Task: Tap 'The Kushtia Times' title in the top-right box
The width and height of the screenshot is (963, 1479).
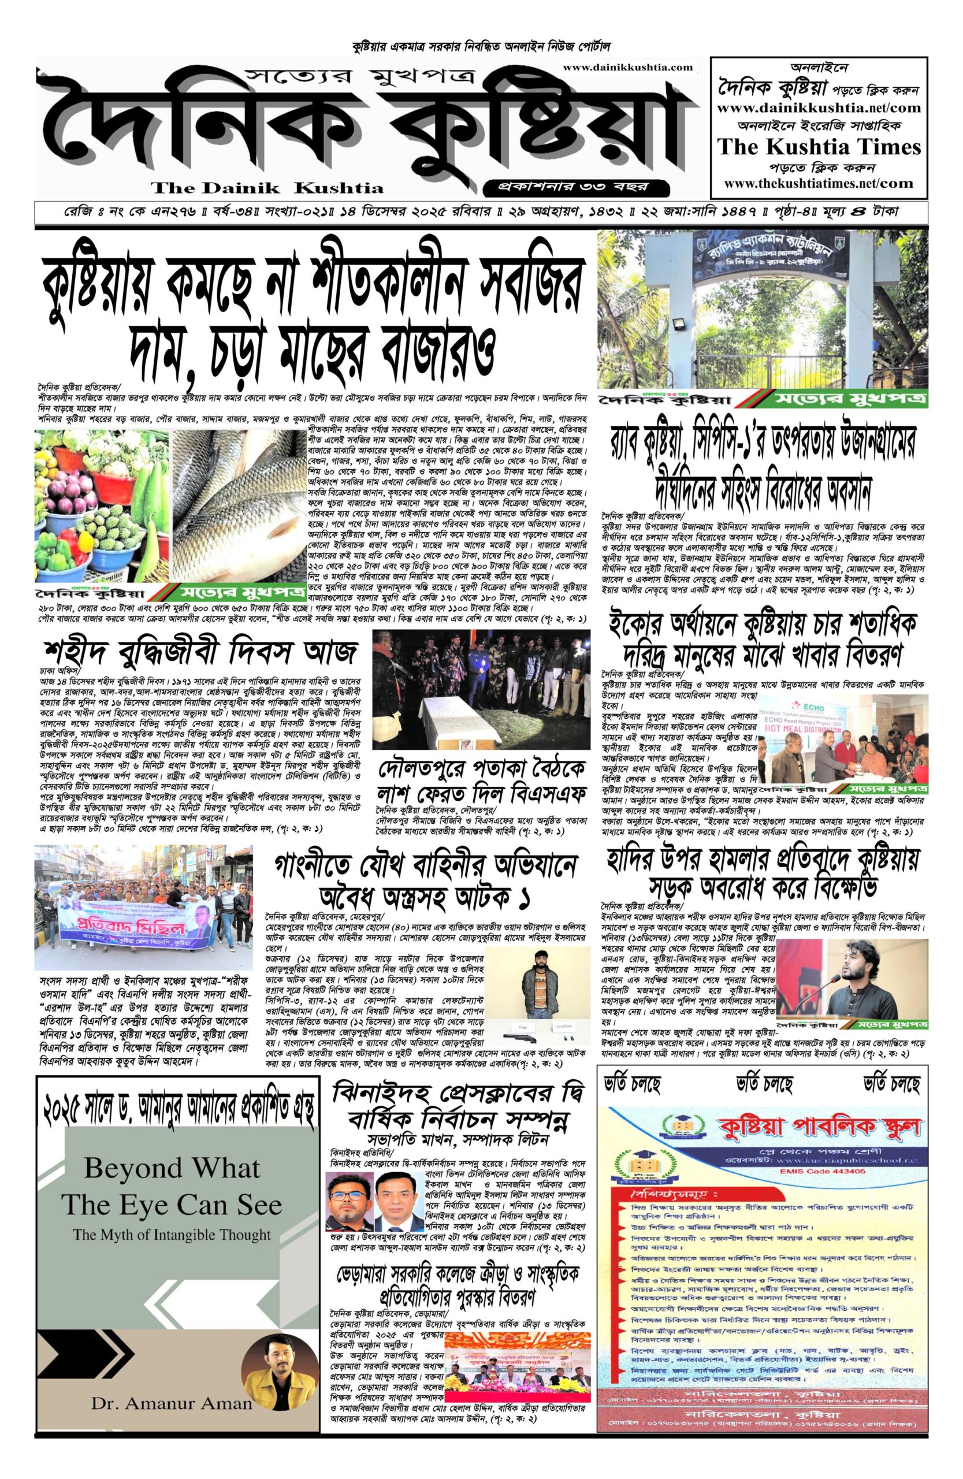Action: click(819, 147)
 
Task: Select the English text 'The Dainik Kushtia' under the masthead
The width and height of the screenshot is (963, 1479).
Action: click(268, 187)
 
